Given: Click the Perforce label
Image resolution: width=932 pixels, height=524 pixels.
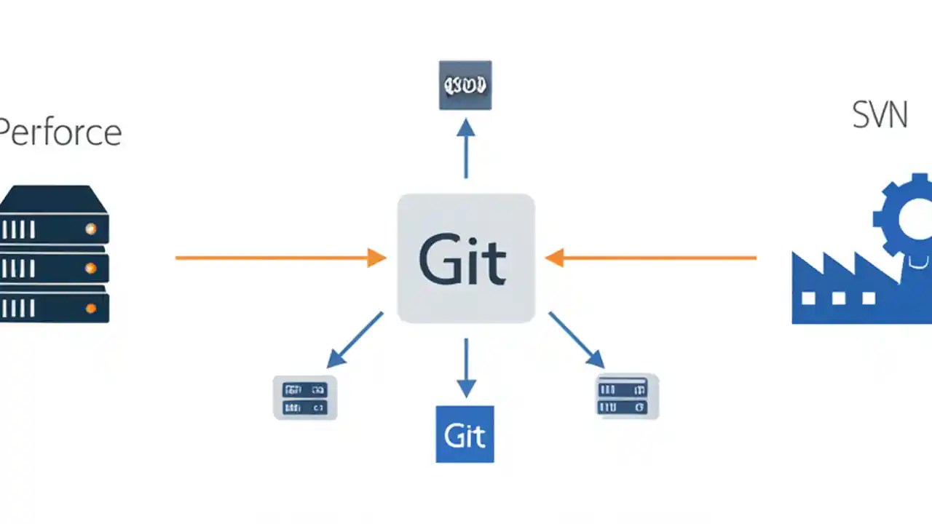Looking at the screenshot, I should point(60,133).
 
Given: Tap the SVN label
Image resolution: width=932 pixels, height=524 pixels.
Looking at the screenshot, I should point(880,116).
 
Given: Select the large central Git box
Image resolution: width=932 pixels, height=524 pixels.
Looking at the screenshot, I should point(465,258).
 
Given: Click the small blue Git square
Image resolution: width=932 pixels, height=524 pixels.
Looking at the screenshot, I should point(465,434).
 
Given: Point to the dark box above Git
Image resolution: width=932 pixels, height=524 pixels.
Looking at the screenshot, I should point(465,85).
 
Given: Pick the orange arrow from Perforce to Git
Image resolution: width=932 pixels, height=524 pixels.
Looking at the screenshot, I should point(280,258).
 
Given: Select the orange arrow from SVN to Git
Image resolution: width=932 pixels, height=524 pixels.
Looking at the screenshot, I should point(651,258).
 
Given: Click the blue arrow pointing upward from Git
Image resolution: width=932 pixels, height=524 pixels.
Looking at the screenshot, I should point(465,148).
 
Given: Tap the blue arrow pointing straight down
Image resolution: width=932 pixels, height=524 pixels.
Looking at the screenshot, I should point(465,368).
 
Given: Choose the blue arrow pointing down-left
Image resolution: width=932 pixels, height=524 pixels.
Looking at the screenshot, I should point(355,340).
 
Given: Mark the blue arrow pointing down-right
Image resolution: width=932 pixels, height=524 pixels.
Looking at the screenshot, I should point(576,340).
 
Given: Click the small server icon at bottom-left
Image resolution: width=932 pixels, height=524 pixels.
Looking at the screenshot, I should point(304,397).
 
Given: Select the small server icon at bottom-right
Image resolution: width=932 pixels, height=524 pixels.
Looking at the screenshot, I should point(627,396).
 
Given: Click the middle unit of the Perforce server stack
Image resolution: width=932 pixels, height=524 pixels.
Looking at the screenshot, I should point(55,267).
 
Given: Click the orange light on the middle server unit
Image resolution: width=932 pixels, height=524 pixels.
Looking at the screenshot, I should point(90,268).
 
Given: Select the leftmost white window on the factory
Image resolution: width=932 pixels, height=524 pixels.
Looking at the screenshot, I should point(807,298).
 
